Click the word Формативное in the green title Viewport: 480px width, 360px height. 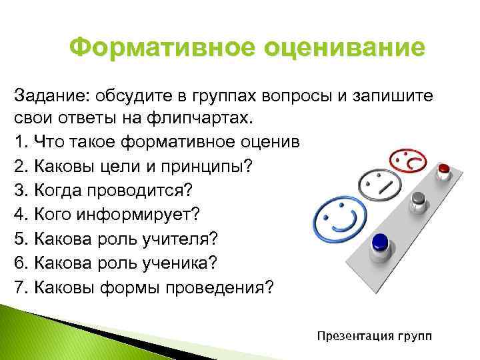(x=158, y=49)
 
